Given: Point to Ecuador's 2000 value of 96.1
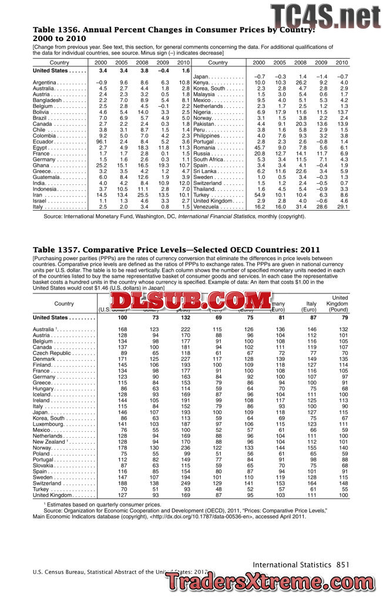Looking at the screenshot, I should click(x=101, y=141).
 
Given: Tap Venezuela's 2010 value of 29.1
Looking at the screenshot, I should click(x=342, y=207).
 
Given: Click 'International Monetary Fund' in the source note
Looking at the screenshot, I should click(x=102, y=217).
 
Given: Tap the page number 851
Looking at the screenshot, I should click(x=343, y=565).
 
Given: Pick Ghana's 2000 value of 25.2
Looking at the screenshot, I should click(x=101, y=167).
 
